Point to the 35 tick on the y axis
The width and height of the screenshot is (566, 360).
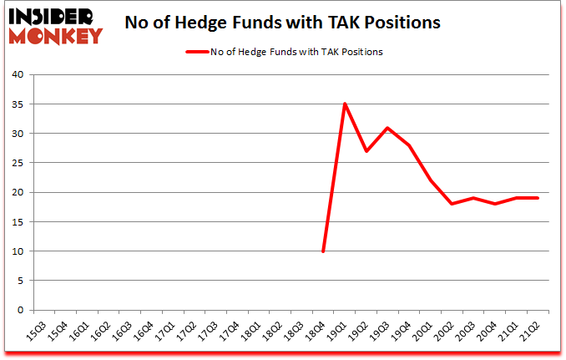click(18, 104)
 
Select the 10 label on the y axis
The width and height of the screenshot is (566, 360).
click(18, 251)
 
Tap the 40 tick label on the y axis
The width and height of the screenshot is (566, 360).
click(18, 75)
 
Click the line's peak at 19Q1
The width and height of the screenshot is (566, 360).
click(345, 104)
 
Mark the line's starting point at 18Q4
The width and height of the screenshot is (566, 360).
click(323, 251)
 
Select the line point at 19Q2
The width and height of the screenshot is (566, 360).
click(366, 151)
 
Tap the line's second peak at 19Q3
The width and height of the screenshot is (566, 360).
click(388, 128)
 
